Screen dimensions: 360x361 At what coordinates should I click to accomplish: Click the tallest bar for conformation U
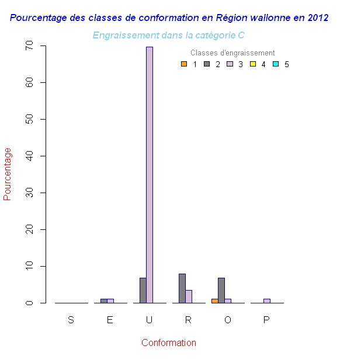(150, 175)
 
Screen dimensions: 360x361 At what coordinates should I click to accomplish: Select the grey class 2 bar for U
(143, 291)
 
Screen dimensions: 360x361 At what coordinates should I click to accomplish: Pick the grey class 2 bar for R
(182, 288)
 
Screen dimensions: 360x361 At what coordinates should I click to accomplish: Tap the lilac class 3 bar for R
(189, 296)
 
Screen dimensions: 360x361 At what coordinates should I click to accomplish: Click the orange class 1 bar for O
(214, 301)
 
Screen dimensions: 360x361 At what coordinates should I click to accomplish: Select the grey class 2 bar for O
(221, 291)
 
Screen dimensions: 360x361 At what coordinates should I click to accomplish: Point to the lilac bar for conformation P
(266, 301)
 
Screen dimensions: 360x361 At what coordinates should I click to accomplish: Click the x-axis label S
(71, 320)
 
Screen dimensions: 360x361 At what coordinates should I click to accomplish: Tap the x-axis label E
(110, 320)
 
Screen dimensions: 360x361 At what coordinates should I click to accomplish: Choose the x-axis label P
(266, 320)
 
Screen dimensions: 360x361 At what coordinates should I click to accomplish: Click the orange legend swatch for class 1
(184, 64)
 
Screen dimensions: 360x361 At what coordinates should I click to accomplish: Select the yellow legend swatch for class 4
(252, 64)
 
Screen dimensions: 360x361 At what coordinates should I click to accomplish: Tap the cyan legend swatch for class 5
(275, 64)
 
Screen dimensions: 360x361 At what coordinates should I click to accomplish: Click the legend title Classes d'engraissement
(232, 53)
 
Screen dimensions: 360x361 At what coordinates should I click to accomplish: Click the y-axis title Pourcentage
(8, 174)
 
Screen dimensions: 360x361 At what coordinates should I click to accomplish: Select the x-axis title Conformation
(169, 343)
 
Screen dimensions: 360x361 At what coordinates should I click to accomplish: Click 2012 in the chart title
(317, 18)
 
